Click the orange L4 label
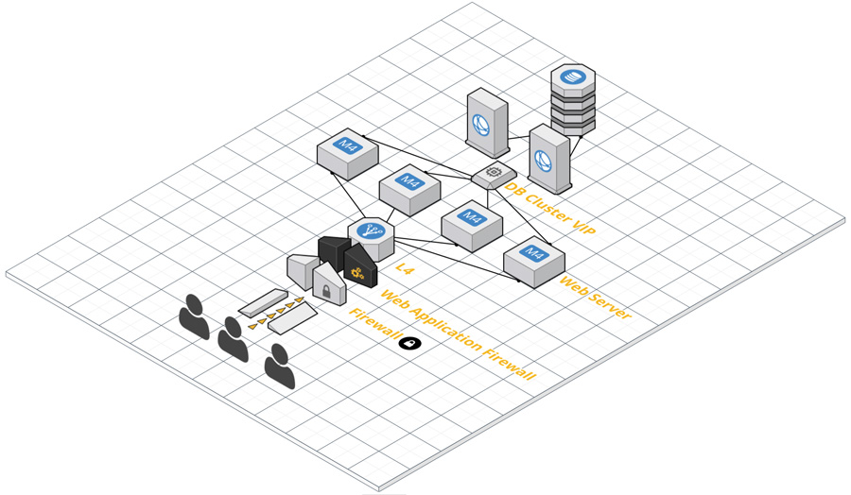tap(404, 268)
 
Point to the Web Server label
tap(596, 298)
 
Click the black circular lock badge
tap(409, 343)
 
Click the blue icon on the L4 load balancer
tap(372, 230)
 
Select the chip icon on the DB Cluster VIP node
tap(494, 172)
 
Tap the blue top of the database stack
tap(573, 76)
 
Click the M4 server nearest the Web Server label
tap(534, 262)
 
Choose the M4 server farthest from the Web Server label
tap(347, 155)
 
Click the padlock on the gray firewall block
tap(326, 291)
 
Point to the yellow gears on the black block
tap(356, 272)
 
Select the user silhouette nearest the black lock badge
tap(280, 367)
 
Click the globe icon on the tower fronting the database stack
tap(544, 162)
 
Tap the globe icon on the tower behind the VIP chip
tap(481, 126)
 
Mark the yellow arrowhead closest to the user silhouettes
tap(252, 327)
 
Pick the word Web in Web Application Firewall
tap(394, 299)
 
